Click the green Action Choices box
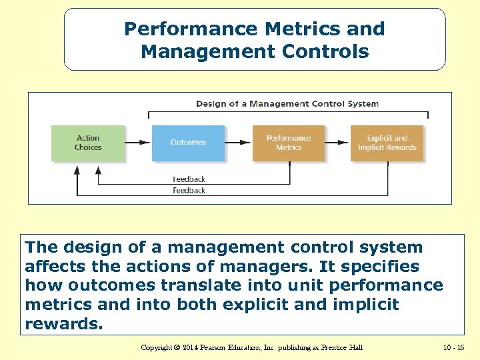click(x=88, y=143)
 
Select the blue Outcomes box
click(x=188, y=143)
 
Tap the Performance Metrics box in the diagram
click(x=289, y=143)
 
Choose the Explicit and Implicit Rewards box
click(x=387, y=143)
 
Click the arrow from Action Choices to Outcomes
click(x=138, y=143)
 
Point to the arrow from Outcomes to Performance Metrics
click(x=238, y=143)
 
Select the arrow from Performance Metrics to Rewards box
click(x=337, y=143)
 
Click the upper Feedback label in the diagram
click(x=189, y=179)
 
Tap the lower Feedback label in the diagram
click(x=189, y=191)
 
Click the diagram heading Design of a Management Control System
click(x=287, y=103)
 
